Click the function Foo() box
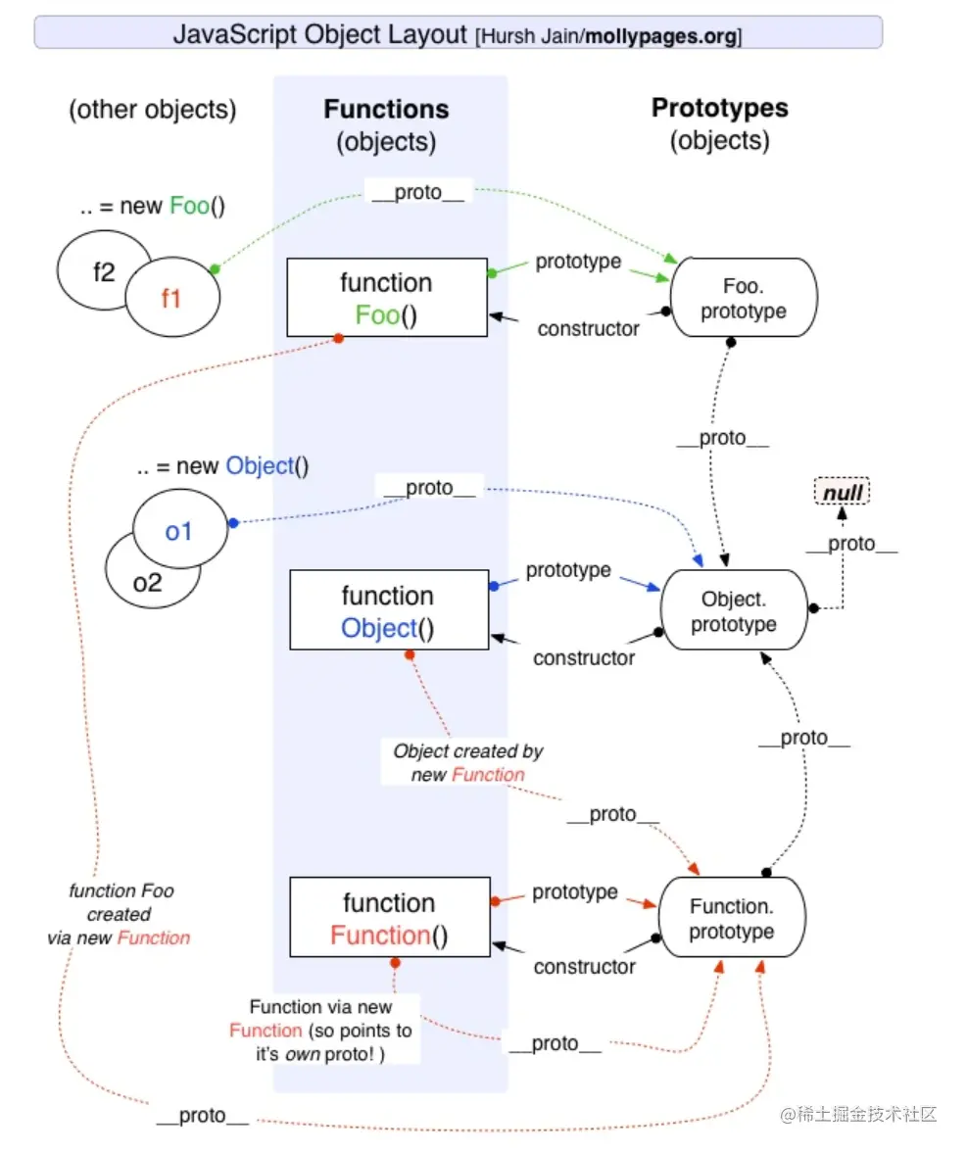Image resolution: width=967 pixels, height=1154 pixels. pyautogui.click(x=386, y=298)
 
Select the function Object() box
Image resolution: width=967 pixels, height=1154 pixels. pyautogui.click(x=388, y=611)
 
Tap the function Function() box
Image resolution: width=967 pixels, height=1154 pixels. pyautogui.click(x=389, y=918)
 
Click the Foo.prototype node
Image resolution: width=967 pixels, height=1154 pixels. pyautogui.click(x=742, y=298)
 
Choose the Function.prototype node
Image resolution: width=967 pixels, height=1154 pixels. pyautogui.click(x=732, y=918)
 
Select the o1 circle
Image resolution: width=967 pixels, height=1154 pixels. pyautogui.click(x=178, y=532)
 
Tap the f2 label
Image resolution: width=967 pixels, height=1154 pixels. pyautogui.click(x=104, y=272)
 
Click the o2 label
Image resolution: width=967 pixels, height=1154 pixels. pyautogui.click(x=148, y=583)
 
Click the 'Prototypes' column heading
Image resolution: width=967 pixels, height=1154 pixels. pyautogui.click(x=719, y=109)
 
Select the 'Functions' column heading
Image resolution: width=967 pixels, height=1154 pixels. pyautogui.click(x=386, y=110)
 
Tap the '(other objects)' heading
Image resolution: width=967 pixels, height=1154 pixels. pyautogui.click(x=152, y=110)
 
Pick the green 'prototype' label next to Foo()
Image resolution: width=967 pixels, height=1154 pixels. pyautogui.click(x=578, y=263)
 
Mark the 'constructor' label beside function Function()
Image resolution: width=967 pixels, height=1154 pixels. pyautogui.click(x=584, y=967)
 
